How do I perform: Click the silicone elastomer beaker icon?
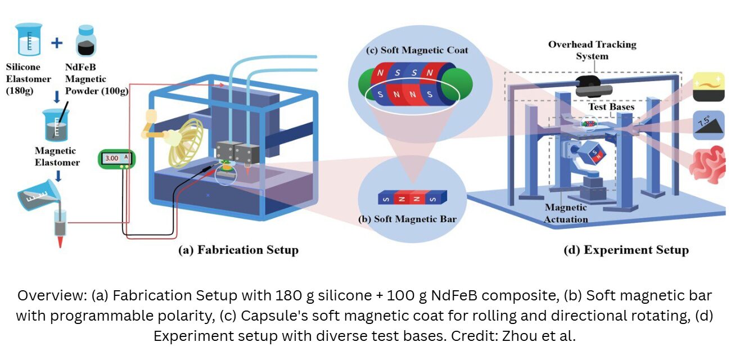point(28,39)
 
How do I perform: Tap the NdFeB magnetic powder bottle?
point(86,40)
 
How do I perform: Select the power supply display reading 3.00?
point(115,159)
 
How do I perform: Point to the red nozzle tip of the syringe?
point(59,242)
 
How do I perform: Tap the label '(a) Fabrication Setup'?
point(238,250)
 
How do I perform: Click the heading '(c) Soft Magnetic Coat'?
point(417,50)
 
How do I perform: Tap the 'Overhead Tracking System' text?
point(592,50)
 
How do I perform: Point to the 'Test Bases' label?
point(611,107)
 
